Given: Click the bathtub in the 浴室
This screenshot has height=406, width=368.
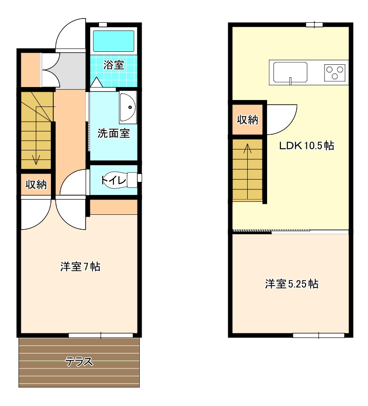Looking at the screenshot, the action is [113, 41].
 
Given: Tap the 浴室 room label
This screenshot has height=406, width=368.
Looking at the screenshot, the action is [113, 65].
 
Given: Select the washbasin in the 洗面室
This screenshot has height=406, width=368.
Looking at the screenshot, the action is [128, 107].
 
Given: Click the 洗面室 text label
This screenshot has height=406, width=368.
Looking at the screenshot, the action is [113, 133].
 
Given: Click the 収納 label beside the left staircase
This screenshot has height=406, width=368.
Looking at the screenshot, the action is [36, 184].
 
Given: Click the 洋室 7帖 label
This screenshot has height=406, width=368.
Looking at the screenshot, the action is [80, 267].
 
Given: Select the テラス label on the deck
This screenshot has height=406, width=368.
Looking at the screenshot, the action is [79, 362].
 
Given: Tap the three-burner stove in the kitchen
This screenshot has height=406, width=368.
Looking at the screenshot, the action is [335, 73].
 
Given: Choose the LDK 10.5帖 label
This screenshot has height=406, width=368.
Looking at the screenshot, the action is [306, 145].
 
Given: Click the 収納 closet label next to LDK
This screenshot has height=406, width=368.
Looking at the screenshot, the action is [248, 119].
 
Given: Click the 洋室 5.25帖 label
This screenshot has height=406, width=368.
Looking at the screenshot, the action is [292, 284].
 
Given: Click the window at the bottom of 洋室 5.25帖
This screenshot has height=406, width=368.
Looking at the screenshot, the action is [318, 335].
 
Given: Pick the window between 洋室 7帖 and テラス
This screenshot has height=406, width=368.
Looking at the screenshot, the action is [101, 335].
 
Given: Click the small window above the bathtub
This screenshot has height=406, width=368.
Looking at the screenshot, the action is [103, 25].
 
